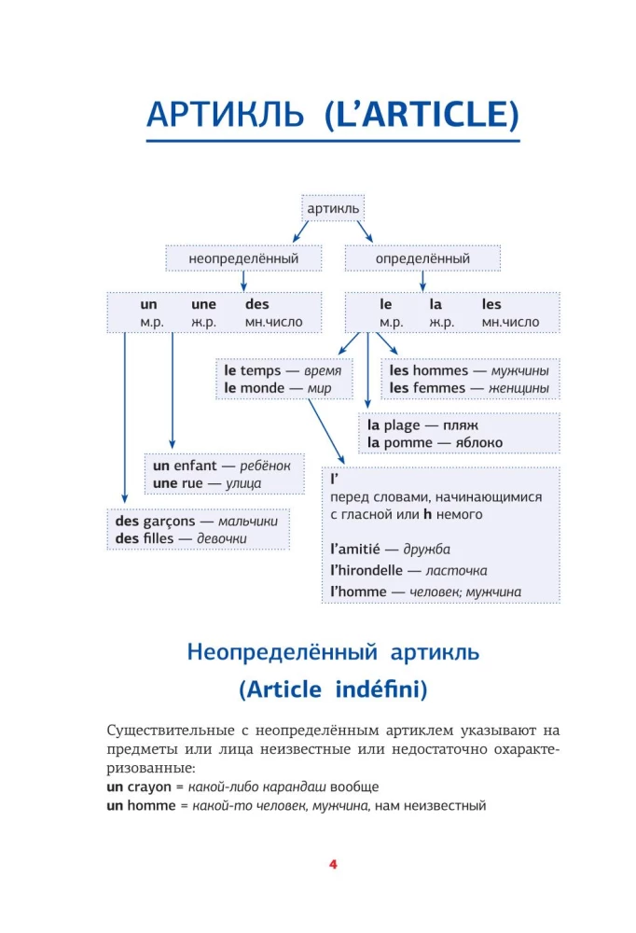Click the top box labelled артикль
pyautogui.click(x=333, y=208)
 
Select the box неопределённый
pyautogui.click(x=242, y=258)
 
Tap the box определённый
pyautogui.click(x=422, y=258)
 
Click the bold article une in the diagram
pyautogui.click(x=203, y=304)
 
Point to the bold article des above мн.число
pyautogui.click(x=256, y=304)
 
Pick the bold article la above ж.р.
pyautogui.click(x=436, y=304)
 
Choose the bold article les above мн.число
pyautogui.click(x=491, y=304)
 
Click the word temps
pyautogui.click(x=260, y=370)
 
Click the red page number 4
pyautogui.click(x=333, y=864)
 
